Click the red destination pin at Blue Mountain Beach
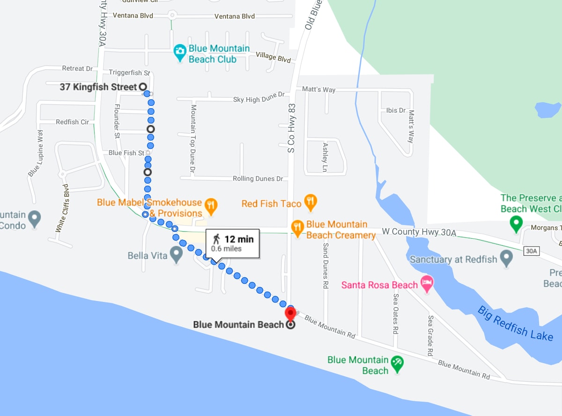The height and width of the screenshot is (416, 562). [x=290, y=313]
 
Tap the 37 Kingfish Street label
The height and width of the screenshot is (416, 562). [x=98, y=87]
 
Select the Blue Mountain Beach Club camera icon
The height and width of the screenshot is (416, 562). [x=180, y=53]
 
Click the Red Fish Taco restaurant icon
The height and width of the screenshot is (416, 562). [x=310, y=203]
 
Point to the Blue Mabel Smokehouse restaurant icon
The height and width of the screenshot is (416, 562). [x=211, y=206]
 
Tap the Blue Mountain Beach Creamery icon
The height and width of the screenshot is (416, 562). [x=298, y=227]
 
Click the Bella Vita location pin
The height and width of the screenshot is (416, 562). [x=176, y=256]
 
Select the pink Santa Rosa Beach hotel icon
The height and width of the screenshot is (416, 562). [x=427, y=284]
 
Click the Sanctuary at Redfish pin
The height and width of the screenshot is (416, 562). [x=506, y=258]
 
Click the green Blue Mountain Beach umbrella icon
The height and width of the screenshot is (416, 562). [x=397, y=363]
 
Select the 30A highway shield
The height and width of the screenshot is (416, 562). [x=531, y=251]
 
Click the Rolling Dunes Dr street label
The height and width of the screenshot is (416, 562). [x=258, y=179]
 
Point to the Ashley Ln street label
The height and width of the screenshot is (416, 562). [x=325, y=157]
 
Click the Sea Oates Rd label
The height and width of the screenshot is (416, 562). [x=396, y=314]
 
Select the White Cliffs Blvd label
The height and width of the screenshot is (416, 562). [x=63, y=208]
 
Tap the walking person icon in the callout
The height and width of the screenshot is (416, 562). [x=216, y=239]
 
